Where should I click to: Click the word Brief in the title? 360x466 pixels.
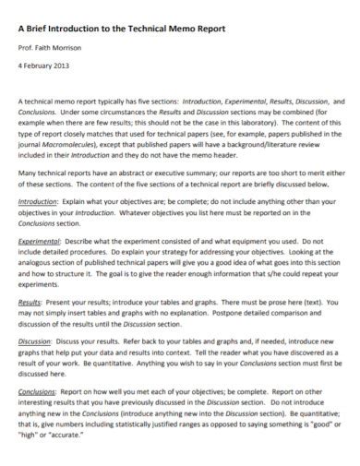42,29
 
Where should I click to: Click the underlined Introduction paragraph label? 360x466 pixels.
37,199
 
